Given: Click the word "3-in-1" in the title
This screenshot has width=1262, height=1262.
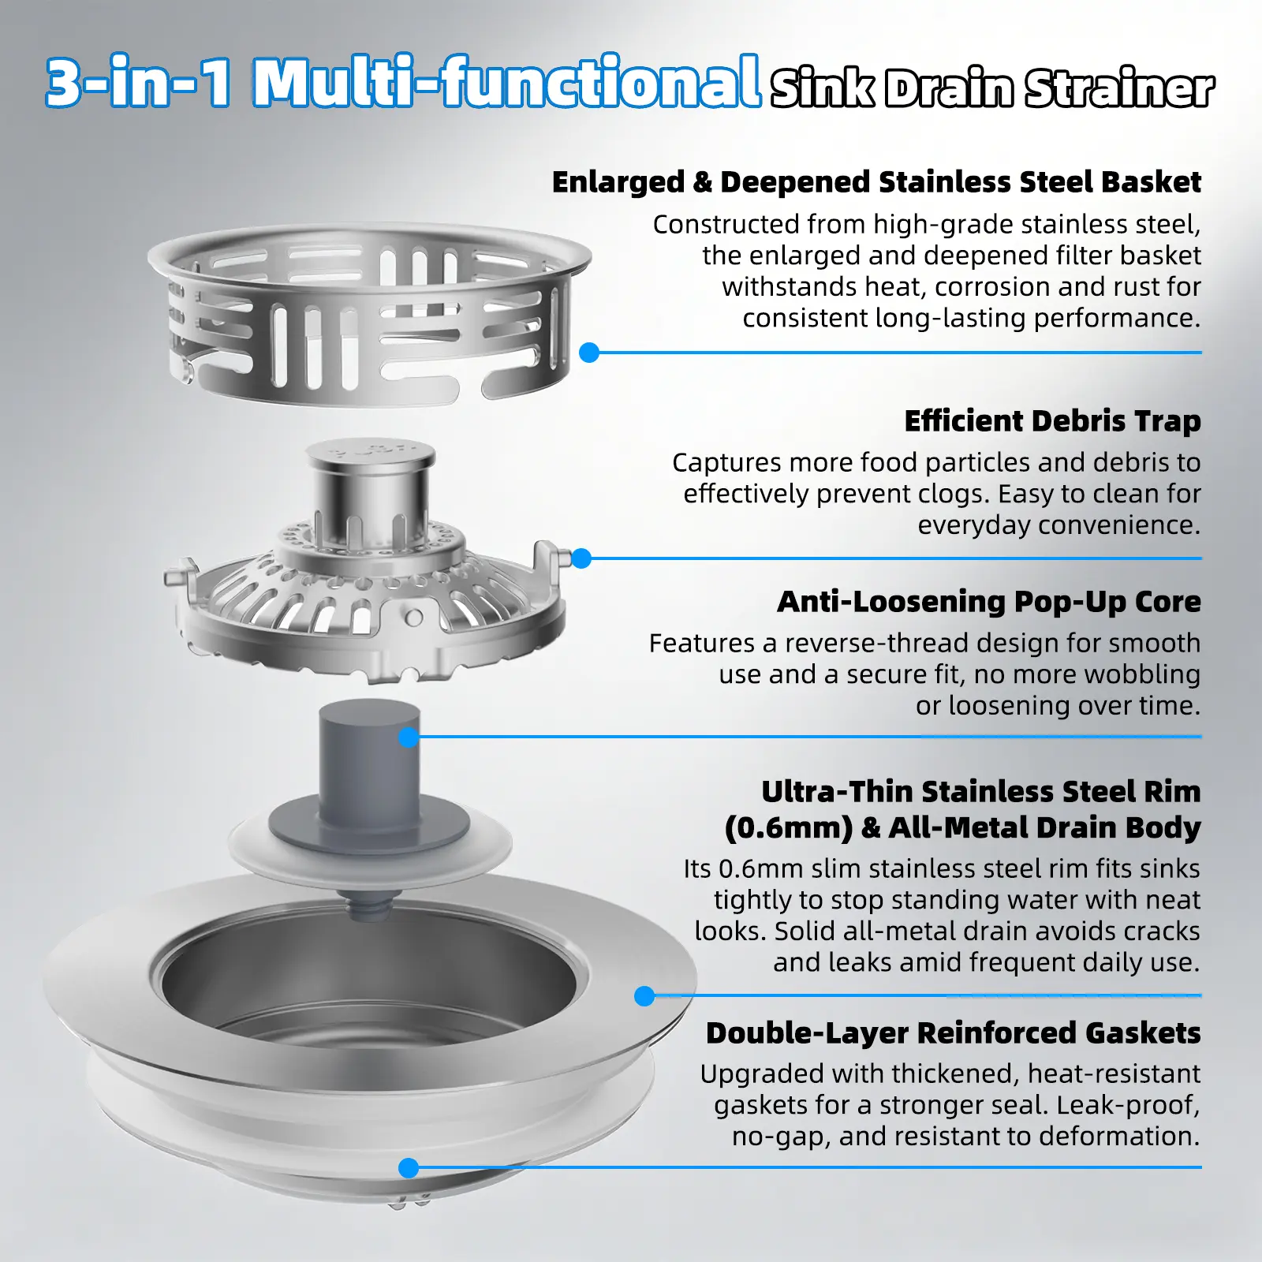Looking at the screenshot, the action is click(139, 81).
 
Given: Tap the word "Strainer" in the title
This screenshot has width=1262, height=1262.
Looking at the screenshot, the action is click(1119, 88).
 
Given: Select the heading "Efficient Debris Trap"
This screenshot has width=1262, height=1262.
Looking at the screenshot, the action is click(1052, 421).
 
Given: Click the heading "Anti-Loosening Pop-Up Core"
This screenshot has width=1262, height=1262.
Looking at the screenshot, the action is click(989, 602).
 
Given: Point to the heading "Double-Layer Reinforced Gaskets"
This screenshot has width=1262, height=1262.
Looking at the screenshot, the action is click(953, 1033).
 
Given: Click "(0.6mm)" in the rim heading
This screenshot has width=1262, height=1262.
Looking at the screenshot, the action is click(789, 828).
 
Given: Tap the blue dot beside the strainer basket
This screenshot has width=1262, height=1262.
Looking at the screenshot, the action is click(589, 353).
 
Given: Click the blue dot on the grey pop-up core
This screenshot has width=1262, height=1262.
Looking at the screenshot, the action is click(409, 737).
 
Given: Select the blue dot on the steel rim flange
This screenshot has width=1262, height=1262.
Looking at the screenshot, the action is click(644, 996).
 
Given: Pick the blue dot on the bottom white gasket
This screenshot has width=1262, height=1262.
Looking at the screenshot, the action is click(409, 1168).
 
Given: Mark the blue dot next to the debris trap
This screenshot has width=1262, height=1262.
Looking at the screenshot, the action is click(581, 558).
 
